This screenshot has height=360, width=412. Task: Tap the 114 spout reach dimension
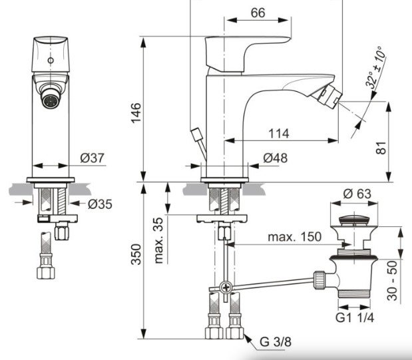point(280,134)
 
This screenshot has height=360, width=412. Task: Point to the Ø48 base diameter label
point(274,158)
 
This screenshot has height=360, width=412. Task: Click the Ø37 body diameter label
point(93,158)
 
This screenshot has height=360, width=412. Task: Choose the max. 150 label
point(294,237)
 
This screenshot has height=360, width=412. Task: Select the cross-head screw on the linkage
point(226,288)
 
